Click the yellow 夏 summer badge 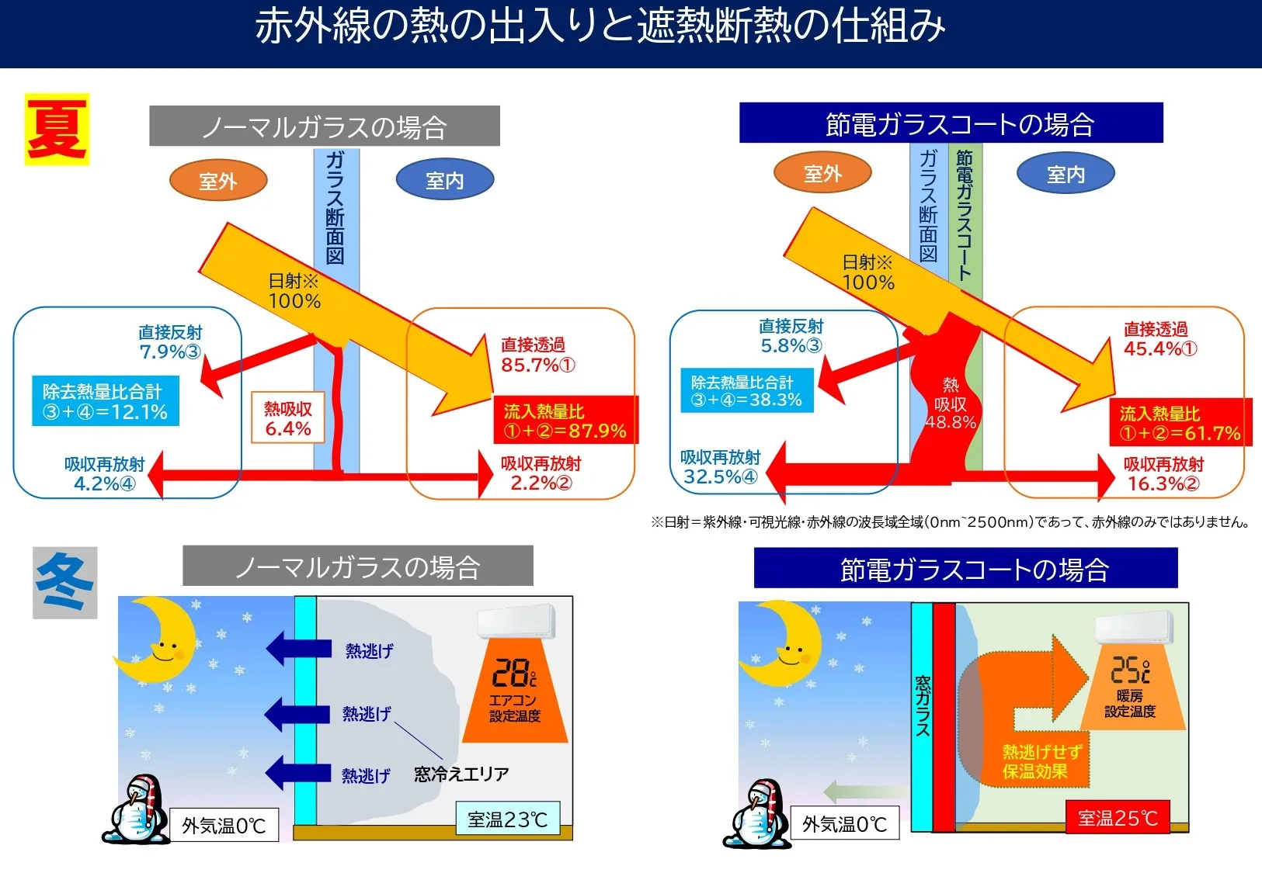[x=57, y=130]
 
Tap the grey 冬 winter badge [x=64, y=583]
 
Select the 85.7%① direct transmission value [x=538, y=365]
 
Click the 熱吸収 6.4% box [x=288, y=417]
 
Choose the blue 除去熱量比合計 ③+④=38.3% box [x=746, y=390]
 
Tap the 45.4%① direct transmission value [x=1160, y=349]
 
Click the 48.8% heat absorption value [x=951, y=422]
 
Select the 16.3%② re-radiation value [x=1163, y=483]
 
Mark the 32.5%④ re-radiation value [x=721, y=476]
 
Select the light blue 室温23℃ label [x=508, y=819]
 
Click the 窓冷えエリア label [x=461, y=774]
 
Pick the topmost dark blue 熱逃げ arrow [x=298, y=649]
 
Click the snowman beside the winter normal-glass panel [x=136, y=809]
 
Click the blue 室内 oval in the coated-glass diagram [x=1066, y=174]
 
